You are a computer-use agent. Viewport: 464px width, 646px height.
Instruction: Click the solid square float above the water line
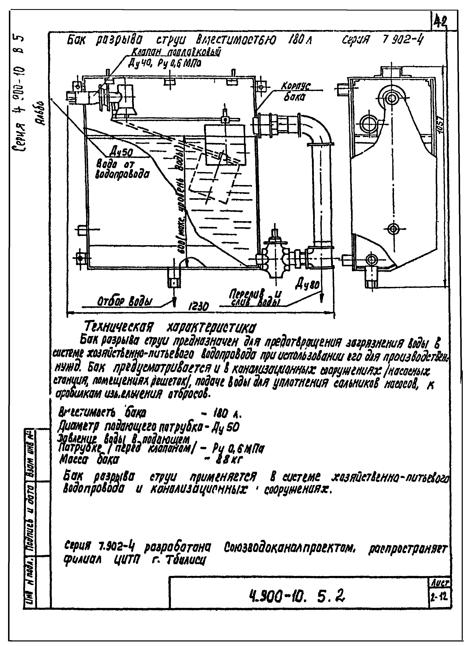[224, 145]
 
